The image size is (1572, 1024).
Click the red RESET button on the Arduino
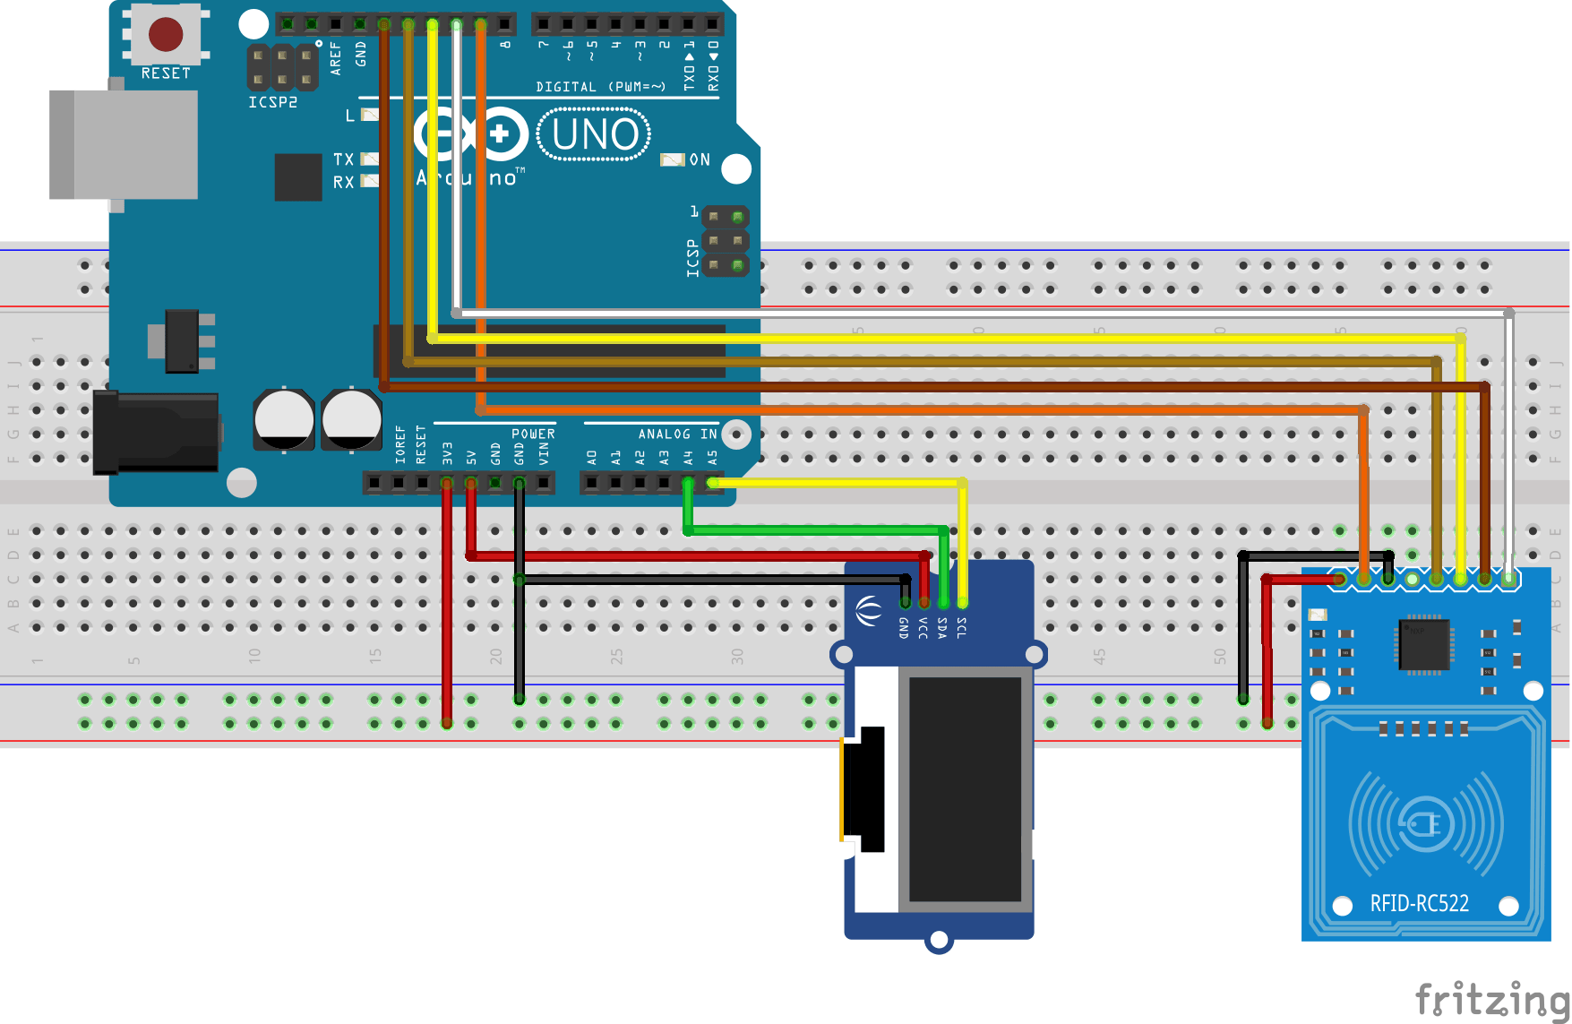tap(166, 35)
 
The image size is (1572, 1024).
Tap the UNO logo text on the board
tap(595, 135)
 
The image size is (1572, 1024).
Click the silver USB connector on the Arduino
tap(125, 144)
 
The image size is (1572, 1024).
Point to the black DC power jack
tap(157, 432)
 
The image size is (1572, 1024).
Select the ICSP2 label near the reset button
tap(272, 102)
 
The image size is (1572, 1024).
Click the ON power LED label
tap(700, 159)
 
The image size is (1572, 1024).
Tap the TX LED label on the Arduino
tap(343, 159)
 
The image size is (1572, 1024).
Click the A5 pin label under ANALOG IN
tap(712, 457)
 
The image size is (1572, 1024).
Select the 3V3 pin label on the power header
tap(447, 452)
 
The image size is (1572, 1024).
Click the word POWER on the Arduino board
tap(533, 434)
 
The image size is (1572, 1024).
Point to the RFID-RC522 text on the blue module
tap(1419, 903)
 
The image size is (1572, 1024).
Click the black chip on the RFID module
tap(1423, 644)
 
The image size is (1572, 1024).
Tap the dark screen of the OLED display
tap(965, 788)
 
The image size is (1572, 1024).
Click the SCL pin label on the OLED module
tap(961, 627)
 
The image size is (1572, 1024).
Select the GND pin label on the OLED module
tap(903, 627)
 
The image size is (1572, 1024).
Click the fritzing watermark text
tap(1490, 999)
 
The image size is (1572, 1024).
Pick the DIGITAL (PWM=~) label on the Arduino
tap(600, 87)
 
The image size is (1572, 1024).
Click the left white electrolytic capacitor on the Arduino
tap(284, 419)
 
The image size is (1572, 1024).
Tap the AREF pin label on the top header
tap(336, 56)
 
